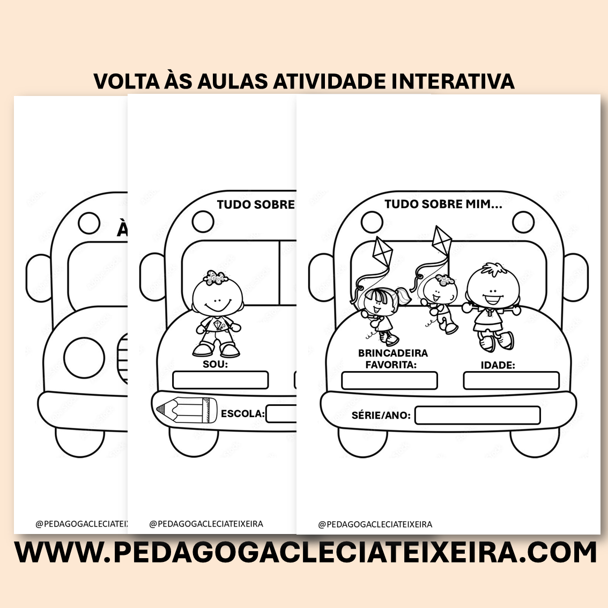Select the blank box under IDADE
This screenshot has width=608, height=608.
tap(511, 381)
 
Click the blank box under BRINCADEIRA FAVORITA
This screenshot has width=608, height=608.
tap(389, 381)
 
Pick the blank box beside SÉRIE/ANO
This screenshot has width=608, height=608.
tap(477, 416)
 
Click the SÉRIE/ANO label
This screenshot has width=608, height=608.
tap(381, 416)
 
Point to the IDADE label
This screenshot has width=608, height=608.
tap(498, 365)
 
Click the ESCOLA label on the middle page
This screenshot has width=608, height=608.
tap(242, 414)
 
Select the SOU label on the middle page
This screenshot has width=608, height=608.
tap(215, 365)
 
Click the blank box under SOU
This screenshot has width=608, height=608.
tap(220, 380)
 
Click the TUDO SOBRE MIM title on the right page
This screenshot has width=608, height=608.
tap(443, 204)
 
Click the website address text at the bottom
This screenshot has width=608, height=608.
tap(305, 552)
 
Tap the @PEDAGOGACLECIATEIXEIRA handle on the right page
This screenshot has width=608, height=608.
tap(375, 524)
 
